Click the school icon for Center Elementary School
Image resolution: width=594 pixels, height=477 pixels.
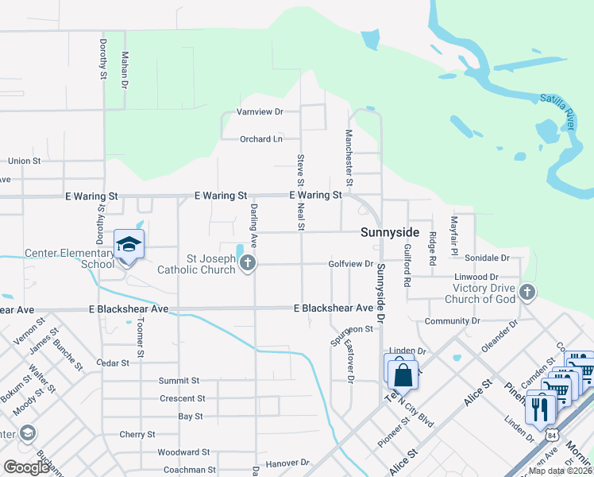128,245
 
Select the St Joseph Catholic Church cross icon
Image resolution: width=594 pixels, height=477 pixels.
248,262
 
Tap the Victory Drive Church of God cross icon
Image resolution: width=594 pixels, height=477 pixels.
526,293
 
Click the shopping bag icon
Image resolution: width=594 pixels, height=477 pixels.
403,374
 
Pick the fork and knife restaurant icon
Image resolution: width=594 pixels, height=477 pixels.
540,409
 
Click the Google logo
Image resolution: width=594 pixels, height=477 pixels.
27,467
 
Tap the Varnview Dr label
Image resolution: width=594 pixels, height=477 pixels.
260,112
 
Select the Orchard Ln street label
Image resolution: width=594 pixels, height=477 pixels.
261,139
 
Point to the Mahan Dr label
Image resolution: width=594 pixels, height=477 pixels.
125,69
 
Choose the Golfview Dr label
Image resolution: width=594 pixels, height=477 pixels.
350,264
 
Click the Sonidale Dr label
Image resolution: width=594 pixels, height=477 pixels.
487,258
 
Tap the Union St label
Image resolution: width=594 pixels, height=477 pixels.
24,161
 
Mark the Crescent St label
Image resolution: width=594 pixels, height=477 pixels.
183,398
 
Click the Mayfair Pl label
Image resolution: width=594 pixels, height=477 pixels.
454,231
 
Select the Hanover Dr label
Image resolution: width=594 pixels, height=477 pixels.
287,462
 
